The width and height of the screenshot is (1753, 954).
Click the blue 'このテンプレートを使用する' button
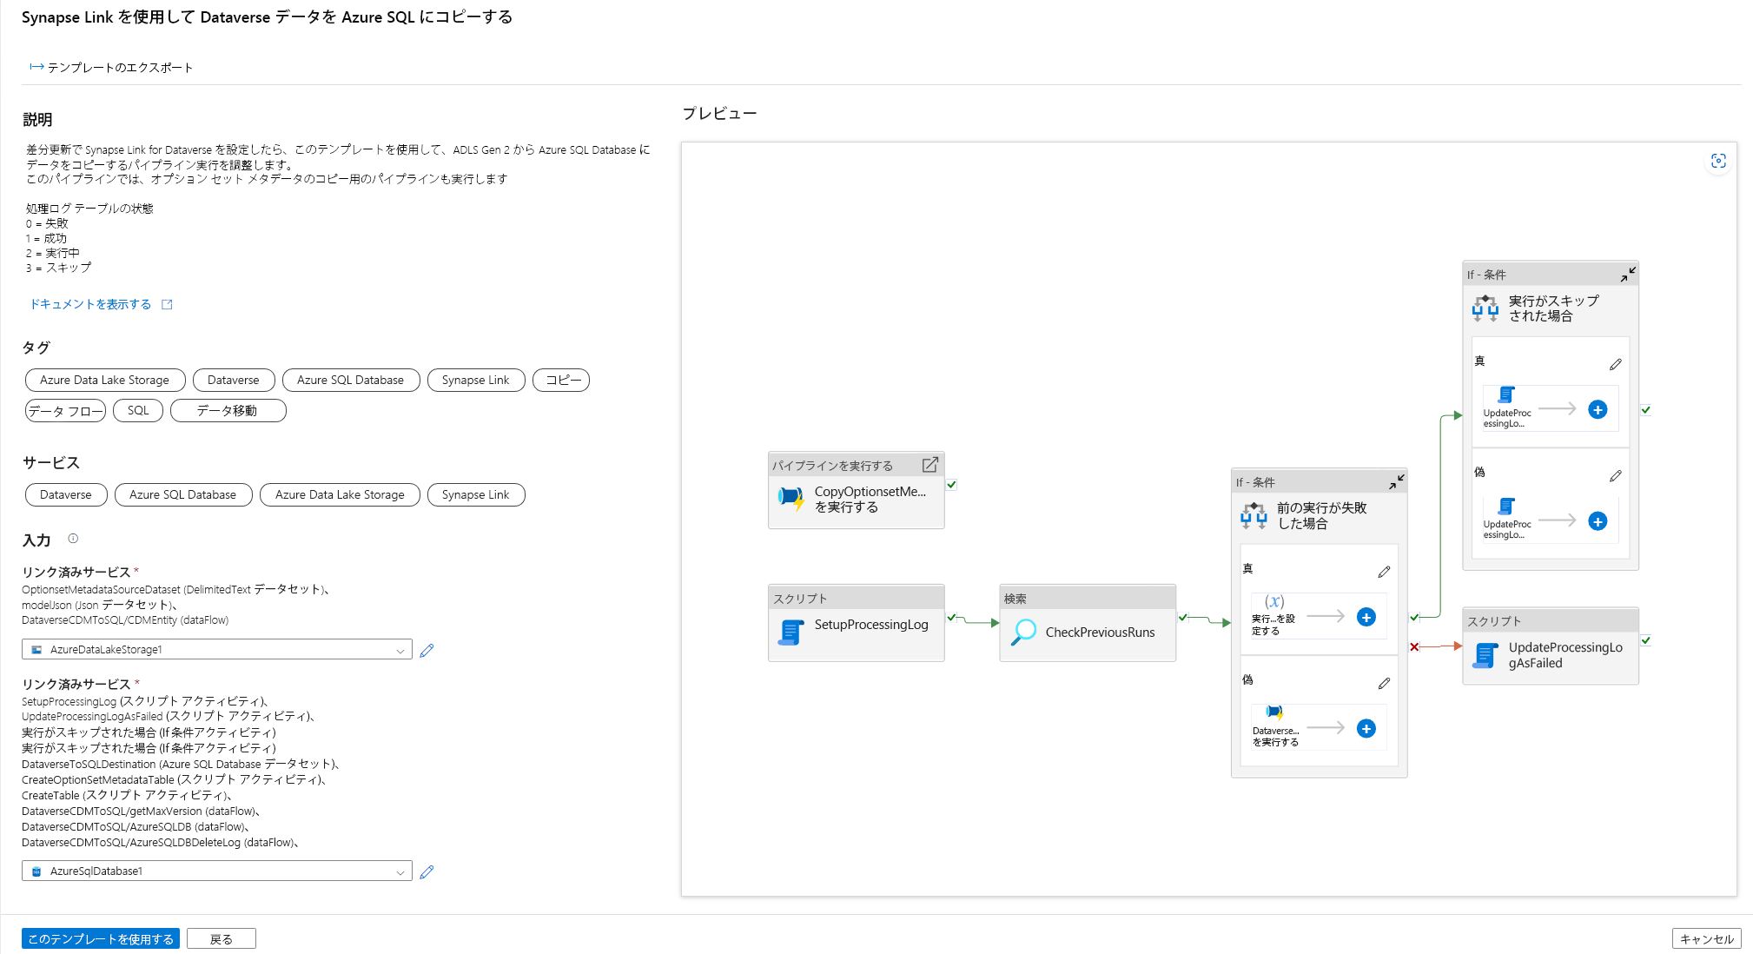[100, 938]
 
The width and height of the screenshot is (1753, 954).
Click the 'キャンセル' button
[1705, 938]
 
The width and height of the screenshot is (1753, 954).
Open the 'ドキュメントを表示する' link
[91, 304]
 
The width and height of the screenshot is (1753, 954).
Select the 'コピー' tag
[561, 380]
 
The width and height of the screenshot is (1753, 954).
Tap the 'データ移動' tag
[228, 410]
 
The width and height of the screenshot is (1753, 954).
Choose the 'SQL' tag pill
[138, 410]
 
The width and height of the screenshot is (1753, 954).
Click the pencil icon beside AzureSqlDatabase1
[427, 871]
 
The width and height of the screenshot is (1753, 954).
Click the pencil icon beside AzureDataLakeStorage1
[427, 650]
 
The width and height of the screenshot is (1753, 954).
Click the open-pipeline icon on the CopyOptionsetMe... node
[929, 465]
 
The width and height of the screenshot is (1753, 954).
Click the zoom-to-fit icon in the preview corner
[1717, 161]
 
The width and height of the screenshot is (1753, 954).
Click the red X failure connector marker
[1414, 646]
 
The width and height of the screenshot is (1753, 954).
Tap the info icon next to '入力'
[73, 539]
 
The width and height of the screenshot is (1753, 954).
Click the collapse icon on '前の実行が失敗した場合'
[1396, 481]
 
